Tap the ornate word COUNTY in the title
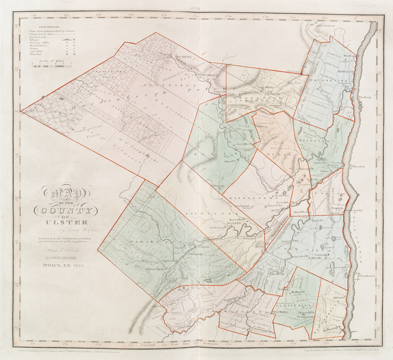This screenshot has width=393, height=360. [x=63, y=211]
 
